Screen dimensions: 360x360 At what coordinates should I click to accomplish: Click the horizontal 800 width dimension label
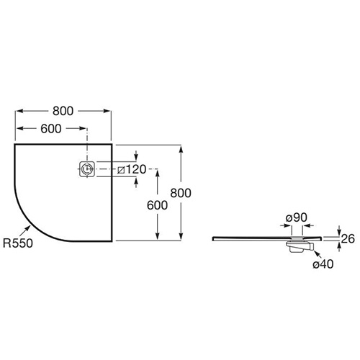point(63,111)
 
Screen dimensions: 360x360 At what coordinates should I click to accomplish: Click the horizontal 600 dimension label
point(51,129)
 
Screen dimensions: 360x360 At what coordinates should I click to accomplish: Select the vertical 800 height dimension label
point(181,193)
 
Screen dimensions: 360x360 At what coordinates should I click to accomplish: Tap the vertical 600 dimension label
point(157,205)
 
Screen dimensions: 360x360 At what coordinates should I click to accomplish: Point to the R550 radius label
point(18,243)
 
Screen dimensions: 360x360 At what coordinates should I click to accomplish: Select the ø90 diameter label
point(297,217)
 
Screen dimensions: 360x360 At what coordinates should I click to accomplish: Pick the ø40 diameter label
point(323,264)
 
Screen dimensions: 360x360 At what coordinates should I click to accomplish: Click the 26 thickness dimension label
point(348,239)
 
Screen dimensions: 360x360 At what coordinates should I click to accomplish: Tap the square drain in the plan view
point(87,169)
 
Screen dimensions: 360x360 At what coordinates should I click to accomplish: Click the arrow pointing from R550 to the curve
point(25,231)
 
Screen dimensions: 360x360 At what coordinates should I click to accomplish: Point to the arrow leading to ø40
point(318,254)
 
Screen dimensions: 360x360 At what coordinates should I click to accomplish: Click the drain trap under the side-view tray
point(300,247)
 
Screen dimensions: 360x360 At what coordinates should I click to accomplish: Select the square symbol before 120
point(121,170)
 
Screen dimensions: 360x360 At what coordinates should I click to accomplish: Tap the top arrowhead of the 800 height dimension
point(181,149)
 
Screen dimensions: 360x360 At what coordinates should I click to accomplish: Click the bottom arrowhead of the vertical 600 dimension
point(158,236)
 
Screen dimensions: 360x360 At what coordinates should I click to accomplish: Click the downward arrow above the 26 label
point(339,230)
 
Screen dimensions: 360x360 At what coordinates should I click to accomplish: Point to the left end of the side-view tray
point(213,238)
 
